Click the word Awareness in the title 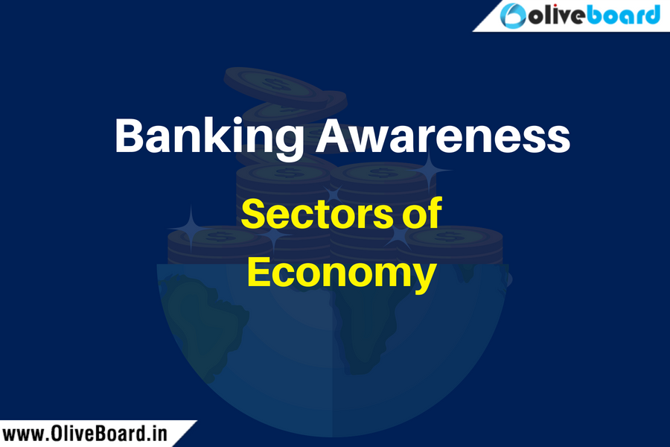coord(443,136)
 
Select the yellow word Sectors coord(316,213)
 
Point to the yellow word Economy coord(342,274)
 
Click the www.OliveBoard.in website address coord(85,434)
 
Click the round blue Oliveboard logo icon coord(512,16)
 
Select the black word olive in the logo coord(556,16)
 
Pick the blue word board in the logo coord(623,16)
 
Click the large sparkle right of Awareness coord(429,171)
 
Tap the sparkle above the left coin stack coord(191,227)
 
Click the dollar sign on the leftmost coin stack coord(213,235)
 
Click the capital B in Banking coord(128,136)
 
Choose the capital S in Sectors coord(253,213)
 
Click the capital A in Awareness coord(334,136)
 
